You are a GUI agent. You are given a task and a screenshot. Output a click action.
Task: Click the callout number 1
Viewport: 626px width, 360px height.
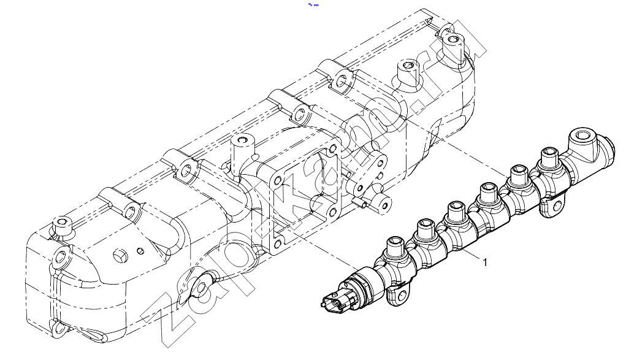click(x=485, y=262)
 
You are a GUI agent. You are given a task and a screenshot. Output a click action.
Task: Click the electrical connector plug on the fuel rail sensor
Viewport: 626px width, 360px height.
click(x=335, y=302)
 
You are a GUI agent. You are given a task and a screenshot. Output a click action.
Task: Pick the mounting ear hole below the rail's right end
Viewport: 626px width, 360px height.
click(x=557, y=207)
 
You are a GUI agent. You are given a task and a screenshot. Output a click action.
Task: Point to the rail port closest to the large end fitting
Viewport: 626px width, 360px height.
click(x=549, y=156)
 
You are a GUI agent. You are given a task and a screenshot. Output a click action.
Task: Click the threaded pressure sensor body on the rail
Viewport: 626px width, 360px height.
click(x=365, y=284)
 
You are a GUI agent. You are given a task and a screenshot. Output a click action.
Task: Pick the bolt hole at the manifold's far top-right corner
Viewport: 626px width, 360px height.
click(x=452, y=39)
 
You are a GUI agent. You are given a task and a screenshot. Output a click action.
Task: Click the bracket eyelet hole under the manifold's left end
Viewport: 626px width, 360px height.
click(x=202, y=287)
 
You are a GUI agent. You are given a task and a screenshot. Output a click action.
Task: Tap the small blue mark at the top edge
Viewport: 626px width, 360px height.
click(x=313, y=5)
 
